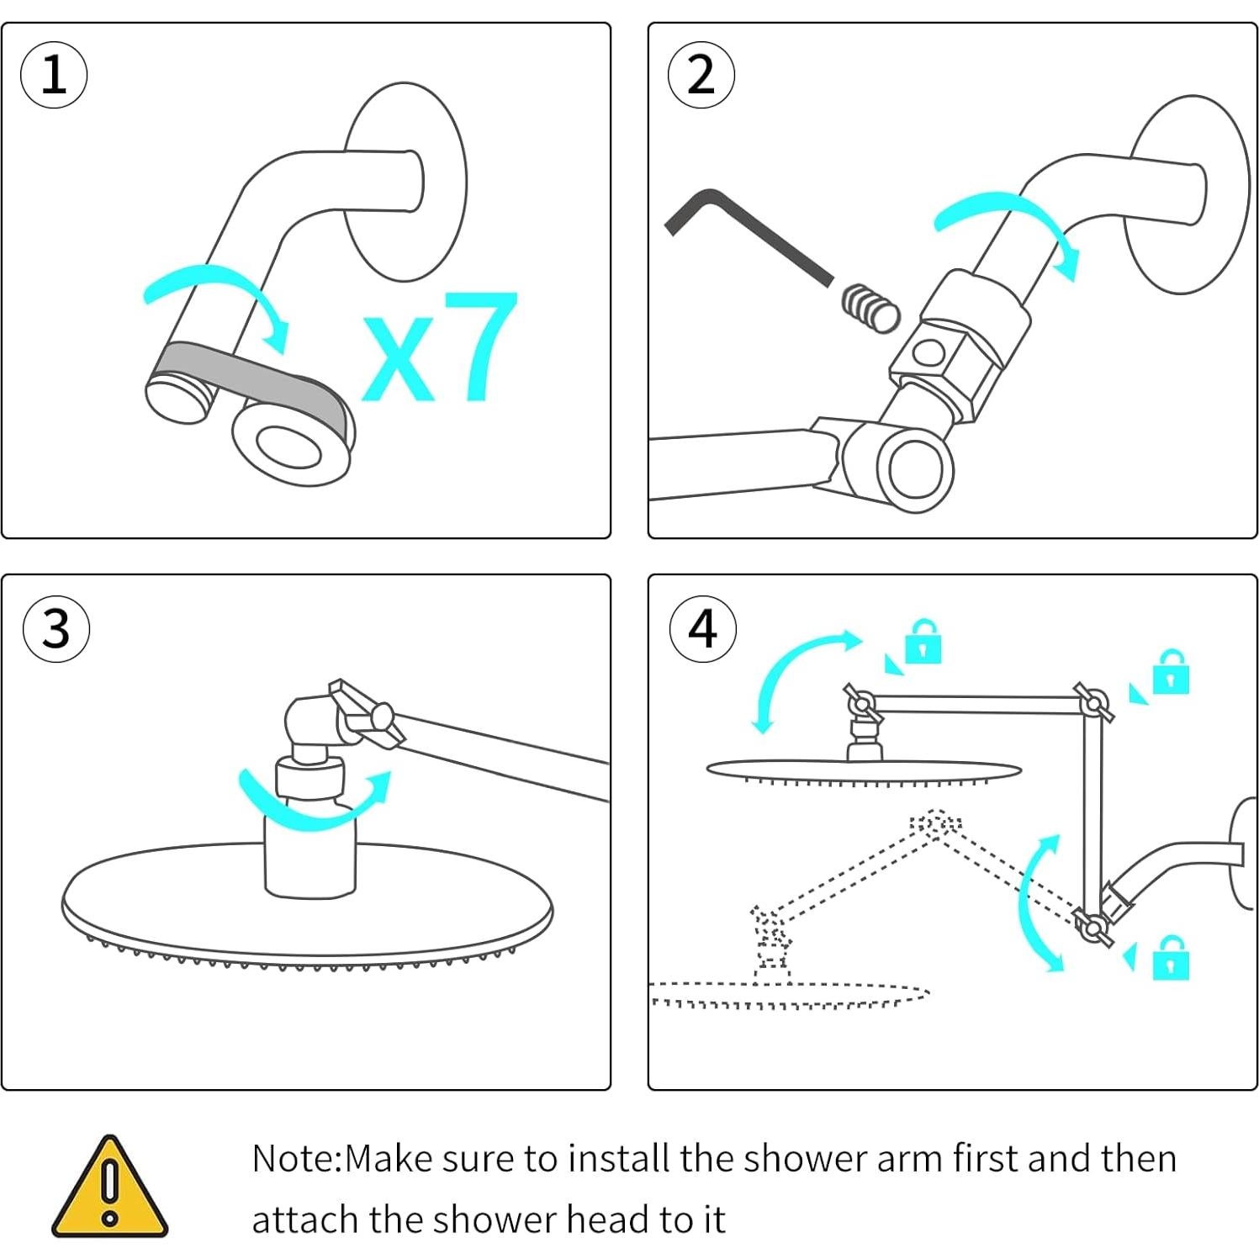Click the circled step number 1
54,75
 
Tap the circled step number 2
701,75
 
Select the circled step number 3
56,628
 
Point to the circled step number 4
703,628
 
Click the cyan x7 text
440,346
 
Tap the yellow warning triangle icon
109,1186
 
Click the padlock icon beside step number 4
923,643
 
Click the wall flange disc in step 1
405,182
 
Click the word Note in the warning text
294,1159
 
